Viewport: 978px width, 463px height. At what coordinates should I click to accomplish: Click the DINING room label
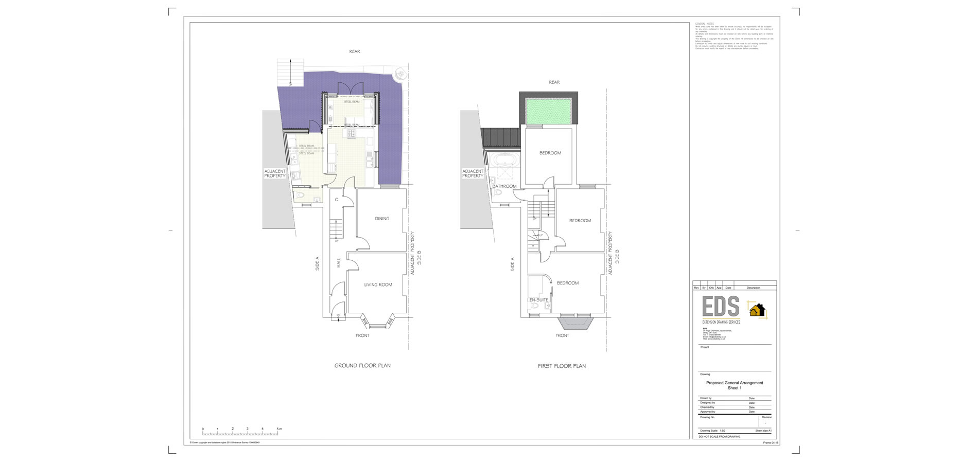382,219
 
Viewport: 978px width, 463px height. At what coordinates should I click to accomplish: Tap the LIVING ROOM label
378,284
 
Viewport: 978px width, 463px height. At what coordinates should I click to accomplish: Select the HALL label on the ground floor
339,262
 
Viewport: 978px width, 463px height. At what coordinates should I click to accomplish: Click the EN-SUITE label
538,300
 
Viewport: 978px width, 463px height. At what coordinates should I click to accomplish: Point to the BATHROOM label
504,186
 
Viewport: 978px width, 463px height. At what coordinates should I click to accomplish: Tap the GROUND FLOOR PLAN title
362,366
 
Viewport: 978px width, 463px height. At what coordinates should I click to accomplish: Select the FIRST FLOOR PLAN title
562,366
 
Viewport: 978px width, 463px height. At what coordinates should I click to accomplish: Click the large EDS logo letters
721,307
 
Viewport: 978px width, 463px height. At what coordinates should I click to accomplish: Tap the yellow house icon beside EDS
757,310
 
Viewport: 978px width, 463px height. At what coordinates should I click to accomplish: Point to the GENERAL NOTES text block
733,36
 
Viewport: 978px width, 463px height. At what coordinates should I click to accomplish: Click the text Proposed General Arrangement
735,383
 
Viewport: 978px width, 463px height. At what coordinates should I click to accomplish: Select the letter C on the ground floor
337,200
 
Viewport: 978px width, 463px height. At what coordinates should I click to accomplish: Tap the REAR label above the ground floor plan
355,51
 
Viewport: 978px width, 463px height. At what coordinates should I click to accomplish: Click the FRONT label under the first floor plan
562,335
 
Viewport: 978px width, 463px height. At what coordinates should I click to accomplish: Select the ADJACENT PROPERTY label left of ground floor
275,173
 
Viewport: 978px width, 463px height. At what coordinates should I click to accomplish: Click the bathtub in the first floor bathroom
504,166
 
